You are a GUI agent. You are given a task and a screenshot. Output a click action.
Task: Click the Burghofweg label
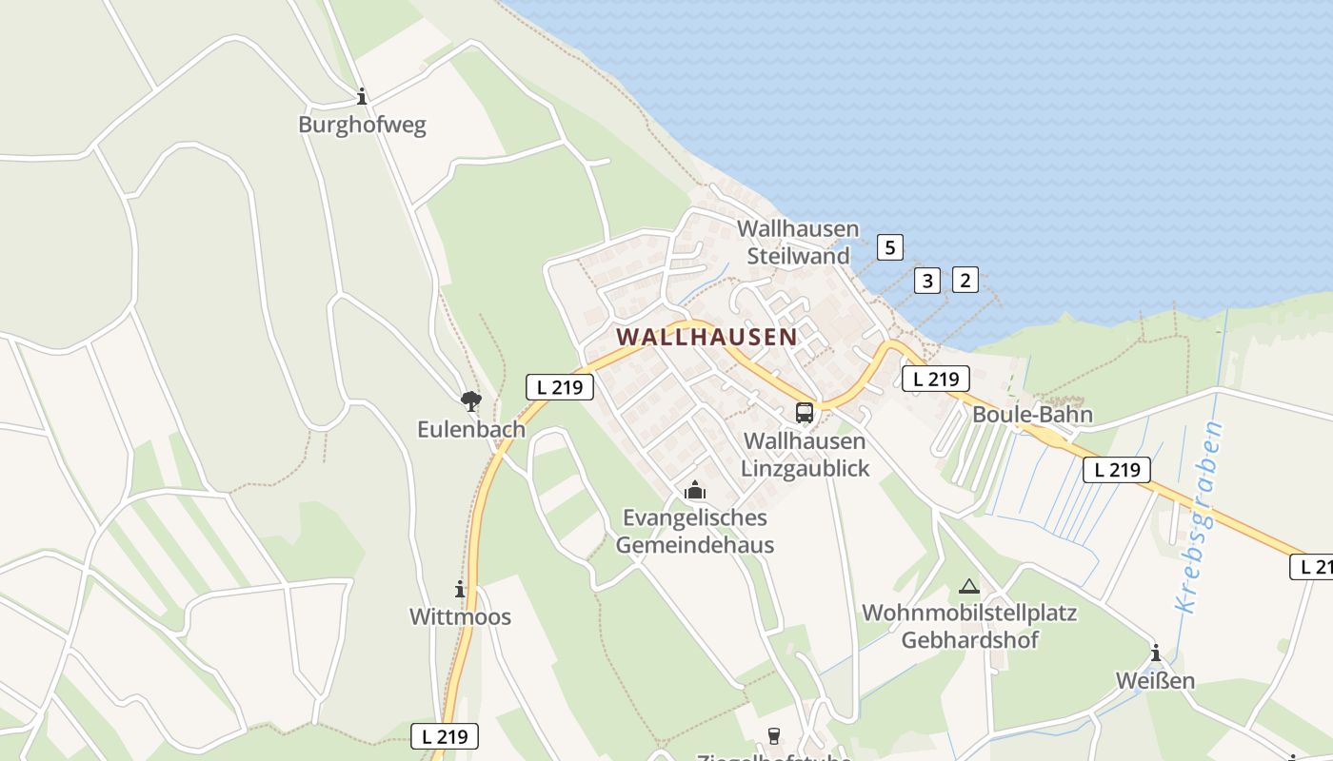pos(362,125)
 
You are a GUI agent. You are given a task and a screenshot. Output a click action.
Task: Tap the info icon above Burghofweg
pos(362,96)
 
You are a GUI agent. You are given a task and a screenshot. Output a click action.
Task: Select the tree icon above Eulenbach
pos(470,400)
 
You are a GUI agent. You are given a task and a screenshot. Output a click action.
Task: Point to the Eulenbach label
pos(470,429)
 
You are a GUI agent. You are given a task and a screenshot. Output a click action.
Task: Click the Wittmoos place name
pos(460,616)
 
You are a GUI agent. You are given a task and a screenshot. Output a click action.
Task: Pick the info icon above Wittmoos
pos(460,590)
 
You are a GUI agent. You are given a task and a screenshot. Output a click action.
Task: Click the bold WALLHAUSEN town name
pos(706,337)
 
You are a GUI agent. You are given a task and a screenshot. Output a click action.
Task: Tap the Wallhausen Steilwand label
pos(798,243)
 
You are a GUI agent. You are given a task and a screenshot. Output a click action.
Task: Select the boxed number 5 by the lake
pos(889,248)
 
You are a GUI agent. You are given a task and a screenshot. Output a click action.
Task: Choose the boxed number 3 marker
pos(927,281)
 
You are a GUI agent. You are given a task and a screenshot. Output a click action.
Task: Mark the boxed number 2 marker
pos(965,280)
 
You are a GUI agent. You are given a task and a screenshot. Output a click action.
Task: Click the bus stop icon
pos(805,413)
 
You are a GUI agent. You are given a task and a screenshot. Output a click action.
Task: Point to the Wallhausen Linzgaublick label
pos(805,455)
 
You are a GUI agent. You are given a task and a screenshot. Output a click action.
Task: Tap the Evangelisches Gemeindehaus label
pos(694,531)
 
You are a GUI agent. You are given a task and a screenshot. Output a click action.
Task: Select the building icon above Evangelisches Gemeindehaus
pos(695,491)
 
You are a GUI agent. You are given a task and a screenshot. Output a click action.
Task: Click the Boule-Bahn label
pos(1032,415)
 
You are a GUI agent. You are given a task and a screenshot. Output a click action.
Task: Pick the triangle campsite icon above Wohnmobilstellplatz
pos(969,586)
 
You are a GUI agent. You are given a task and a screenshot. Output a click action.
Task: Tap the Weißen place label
pos(1156,681)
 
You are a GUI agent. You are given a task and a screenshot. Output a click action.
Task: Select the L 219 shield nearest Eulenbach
pos(560,387)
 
